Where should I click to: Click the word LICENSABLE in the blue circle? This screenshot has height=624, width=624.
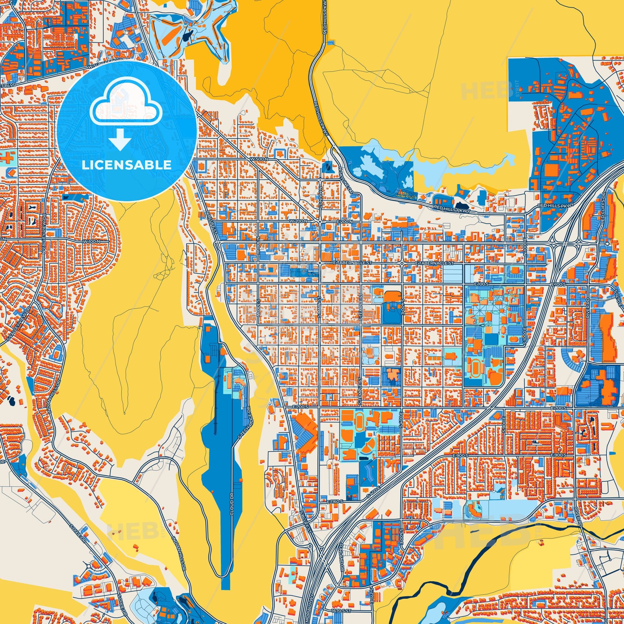click(x=126, y=165)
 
